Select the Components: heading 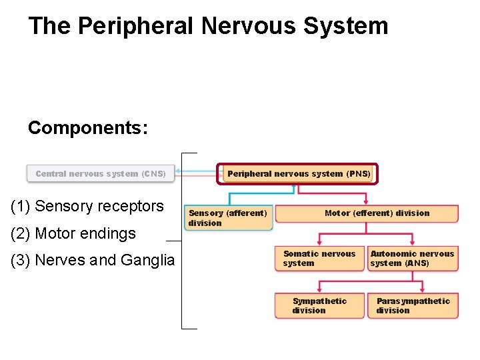tap(88, 127)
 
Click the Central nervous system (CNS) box tap(101, 174)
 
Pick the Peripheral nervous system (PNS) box tap(298, 174)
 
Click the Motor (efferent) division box tap(367, 213)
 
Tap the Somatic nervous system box tap(319, 259)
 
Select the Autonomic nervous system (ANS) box tap(413, 259)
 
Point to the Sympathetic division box tap(319, 305)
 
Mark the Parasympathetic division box tap(413, 305)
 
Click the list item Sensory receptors tap(99, 206)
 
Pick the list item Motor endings tap(85, 233)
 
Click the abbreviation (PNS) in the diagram tap(358, 174)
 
